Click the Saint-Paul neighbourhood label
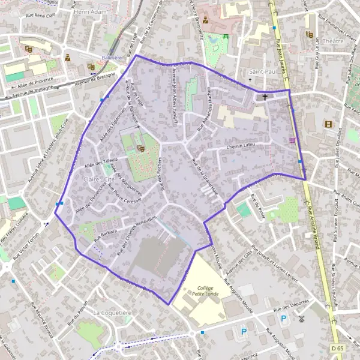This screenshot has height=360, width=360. tap(262, 71)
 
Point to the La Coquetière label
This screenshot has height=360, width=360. tap(112, 313)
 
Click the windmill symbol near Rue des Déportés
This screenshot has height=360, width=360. tap(302, 320)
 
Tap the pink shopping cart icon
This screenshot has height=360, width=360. tap(292, 140)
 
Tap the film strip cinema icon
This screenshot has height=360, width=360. tap(328, 124)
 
